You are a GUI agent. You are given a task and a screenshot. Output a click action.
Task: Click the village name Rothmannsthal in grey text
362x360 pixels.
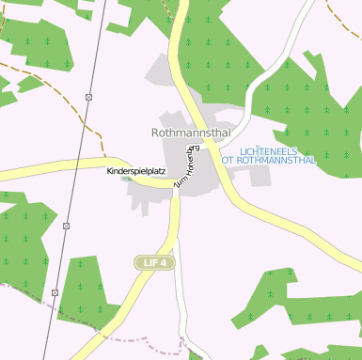pos(190,133)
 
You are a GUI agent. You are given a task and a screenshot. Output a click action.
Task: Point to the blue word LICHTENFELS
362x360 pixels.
pos(275,150)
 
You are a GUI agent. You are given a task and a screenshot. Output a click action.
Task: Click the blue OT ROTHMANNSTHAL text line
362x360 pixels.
pos(269,161)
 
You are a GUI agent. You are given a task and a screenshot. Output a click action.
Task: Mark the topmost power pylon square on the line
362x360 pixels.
pos(88,97)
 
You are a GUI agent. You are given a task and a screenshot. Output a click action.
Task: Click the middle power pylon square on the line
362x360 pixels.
pos(67,227)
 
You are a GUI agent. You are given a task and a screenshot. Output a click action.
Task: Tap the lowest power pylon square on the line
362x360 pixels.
pos(55,292)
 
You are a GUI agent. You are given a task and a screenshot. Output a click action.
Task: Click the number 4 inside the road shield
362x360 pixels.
pos(164,262)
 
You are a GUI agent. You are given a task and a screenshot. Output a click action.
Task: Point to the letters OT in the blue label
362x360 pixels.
pos(227,161)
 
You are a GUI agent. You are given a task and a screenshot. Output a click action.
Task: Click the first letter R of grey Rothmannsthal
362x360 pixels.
pos(156,133)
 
